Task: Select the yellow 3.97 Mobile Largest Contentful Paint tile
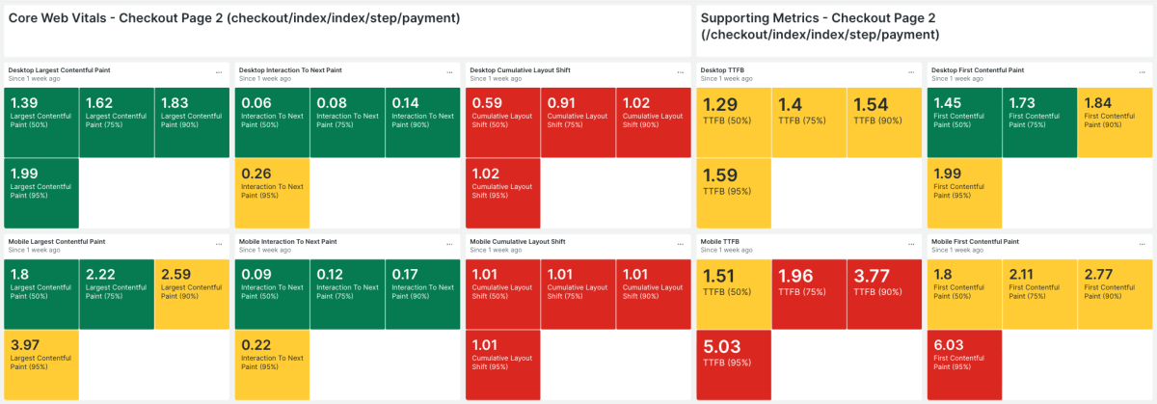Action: (41, 363)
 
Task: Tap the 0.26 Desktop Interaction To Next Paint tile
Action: (272, 191)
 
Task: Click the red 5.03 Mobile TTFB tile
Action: (733, 363)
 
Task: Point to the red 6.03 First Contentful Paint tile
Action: (964, 363)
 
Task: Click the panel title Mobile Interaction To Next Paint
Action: (287, 241)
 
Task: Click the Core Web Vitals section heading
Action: (232, 18)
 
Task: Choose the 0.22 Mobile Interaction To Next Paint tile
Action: (272, 363)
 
